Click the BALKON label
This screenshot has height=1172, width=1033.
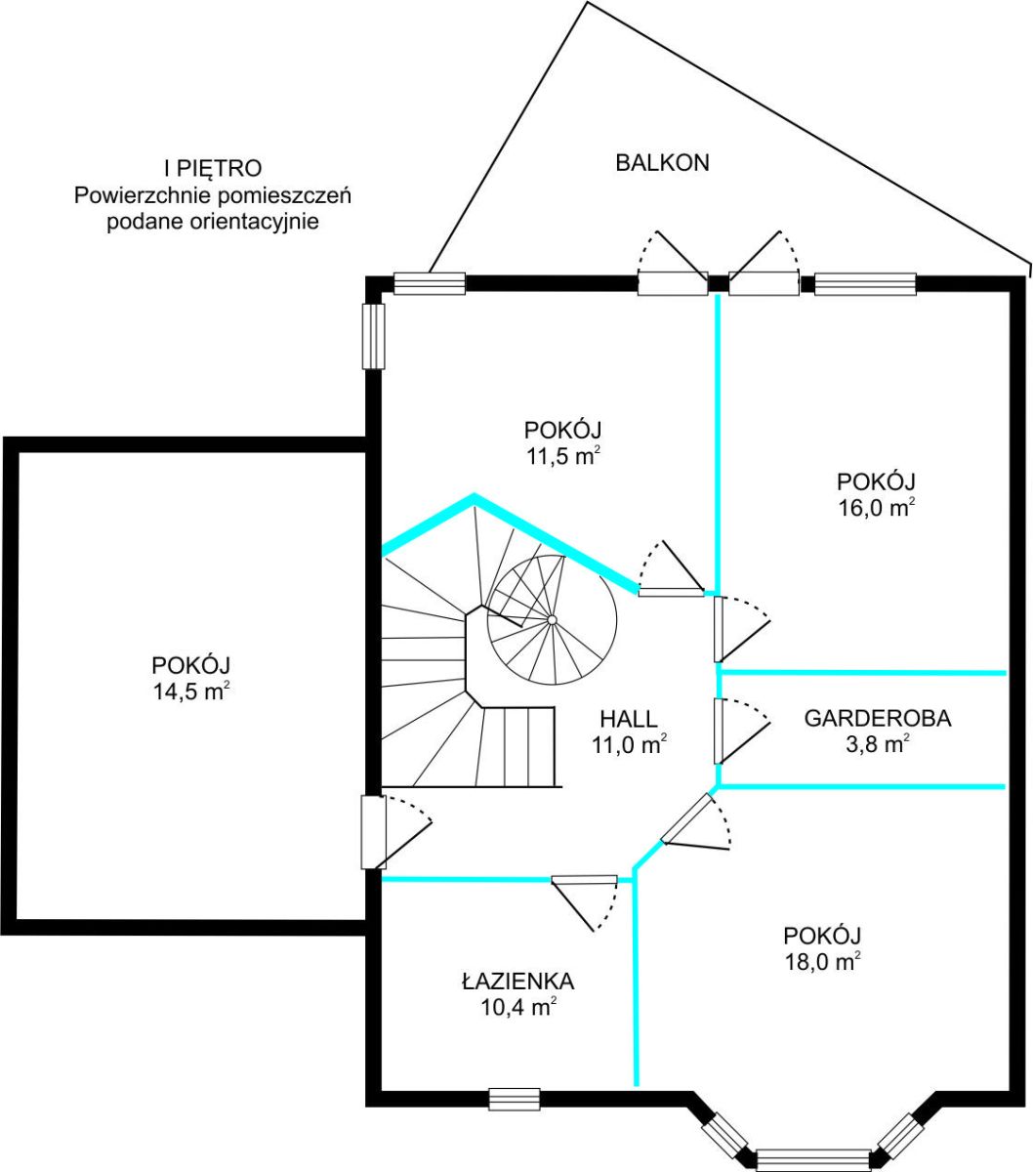point(662,162)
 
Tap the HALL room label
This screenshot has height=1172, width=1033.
point(629,719)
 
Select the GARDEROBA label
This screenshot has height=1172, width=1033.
point(878,718)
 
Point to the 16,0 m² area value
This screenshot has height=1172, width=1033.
point(876,508)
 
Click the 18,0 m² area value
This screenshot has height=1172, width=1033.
point(822,962)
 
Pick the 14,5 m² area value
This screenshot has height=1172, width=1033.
point(190,691)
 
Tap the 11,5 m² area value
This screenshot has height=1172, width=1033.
point(562,456)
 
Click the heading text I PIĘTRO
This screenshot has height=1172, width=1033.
point(213,168)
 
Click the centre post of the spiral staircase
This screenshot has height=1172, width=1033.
point(552,620)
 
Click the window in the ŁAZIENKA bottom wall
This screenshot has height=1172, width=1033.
point(515,1099)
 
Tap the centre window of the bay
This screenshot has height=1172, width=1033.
point(813,1160)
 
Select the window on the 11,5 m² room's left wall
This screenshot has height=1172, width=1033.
point(373,336)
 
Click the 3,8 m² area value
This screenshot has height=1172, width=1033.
point(878,744)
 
